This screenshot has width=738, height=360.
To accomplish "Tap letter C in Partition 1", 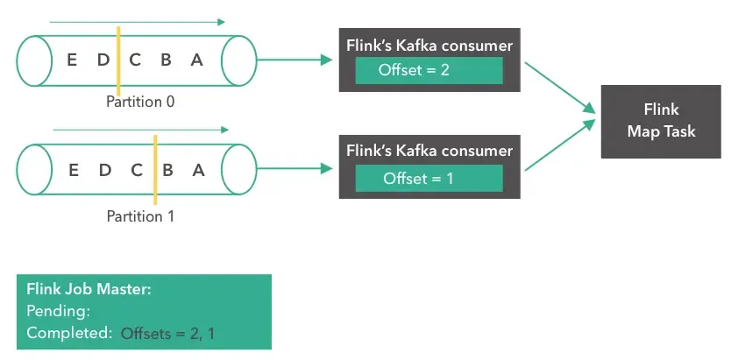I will click(136, 170).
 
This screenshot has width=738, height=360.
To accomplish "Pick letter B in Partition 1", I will click(167, 170).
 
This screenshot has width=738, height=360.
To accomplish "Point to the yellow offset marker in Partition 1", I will click(153, 170).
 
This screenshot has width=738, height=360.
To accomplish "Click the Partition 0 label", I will click(140, 102).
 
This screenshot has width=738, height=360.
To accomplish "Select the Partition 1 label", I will click(140, 215).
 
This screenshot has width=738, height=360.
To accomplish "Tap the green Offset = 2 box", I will click(429, 70).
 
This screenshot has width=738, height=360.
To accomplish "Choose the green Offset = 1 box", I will click(429, 179).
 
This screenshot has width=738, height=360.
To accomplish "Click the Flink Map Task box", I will click(660, 121).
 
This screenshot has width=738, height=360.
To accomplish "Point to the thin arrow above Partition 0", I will click(138, 21).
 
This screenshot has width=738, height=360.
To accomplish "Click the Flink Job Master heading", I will click(89, 289).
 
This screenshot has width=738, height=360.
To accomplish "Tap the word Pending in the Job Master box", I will click(59, 310).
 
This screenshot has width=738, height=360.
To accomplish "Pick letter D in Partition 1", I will click(104, 170).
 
